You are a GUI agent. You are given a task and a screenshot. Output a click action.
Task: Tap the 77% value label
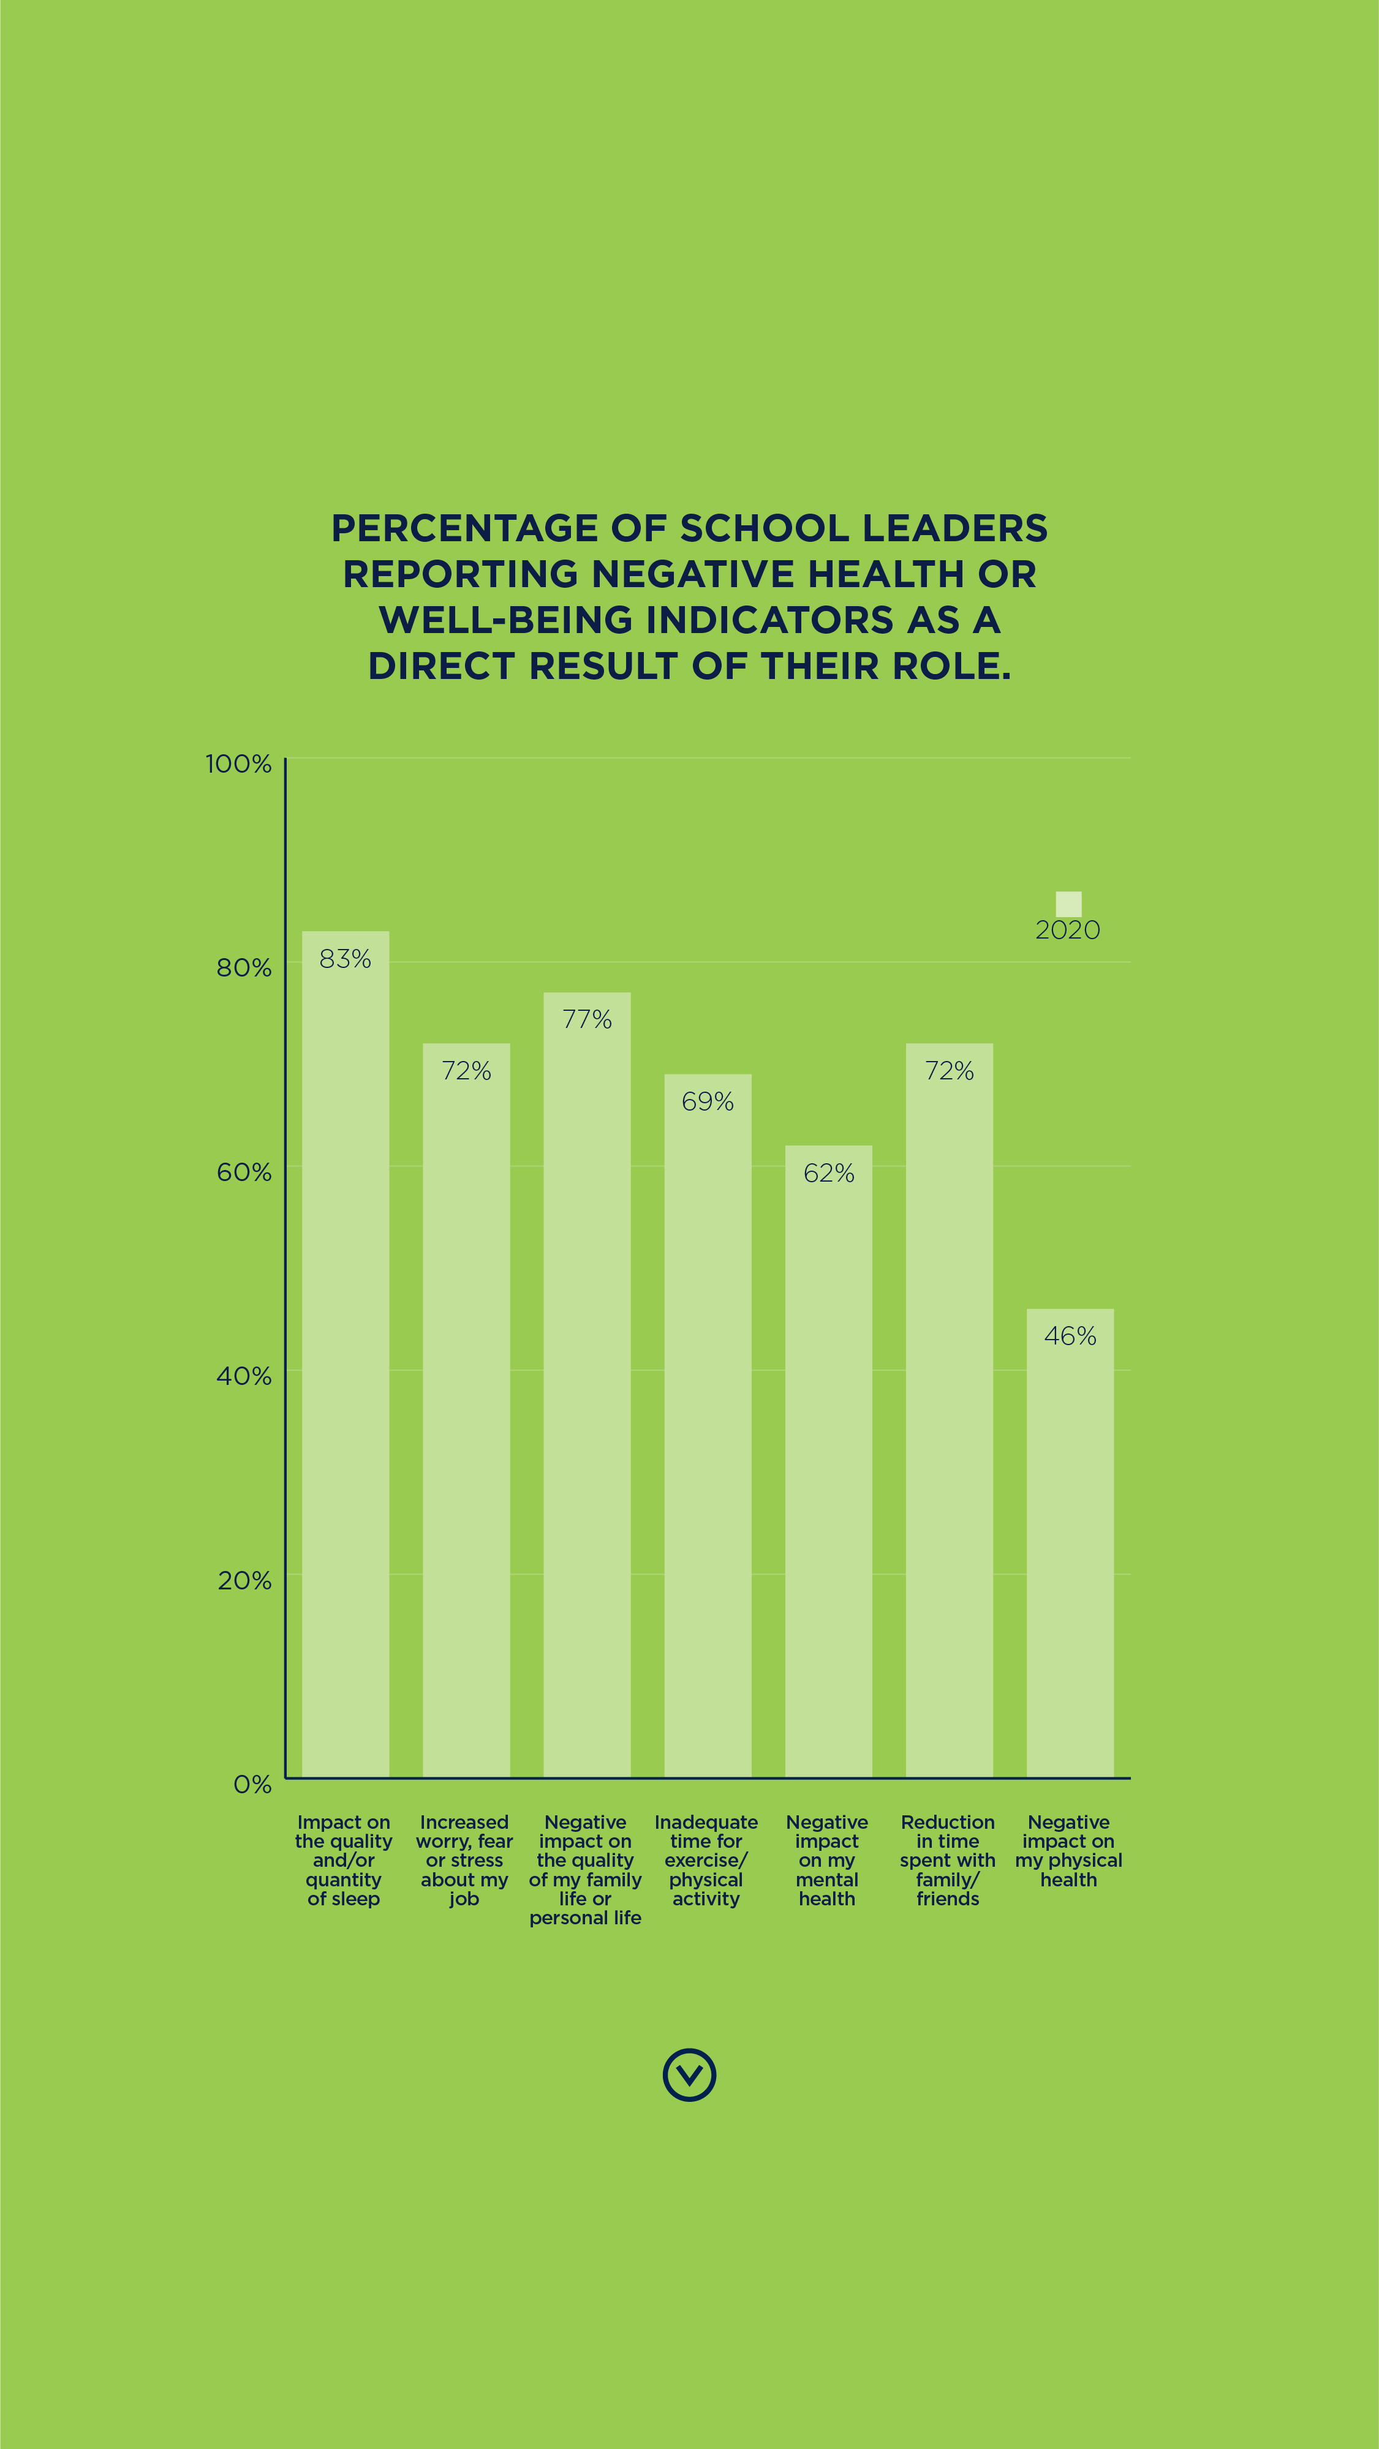coord(587,1019)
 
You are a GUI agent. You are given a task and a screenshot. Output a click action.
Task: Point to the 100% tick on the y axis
coord(239,763)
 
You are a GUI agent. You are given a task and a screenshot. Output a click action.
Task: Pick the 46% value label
coord(1070,1336)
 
